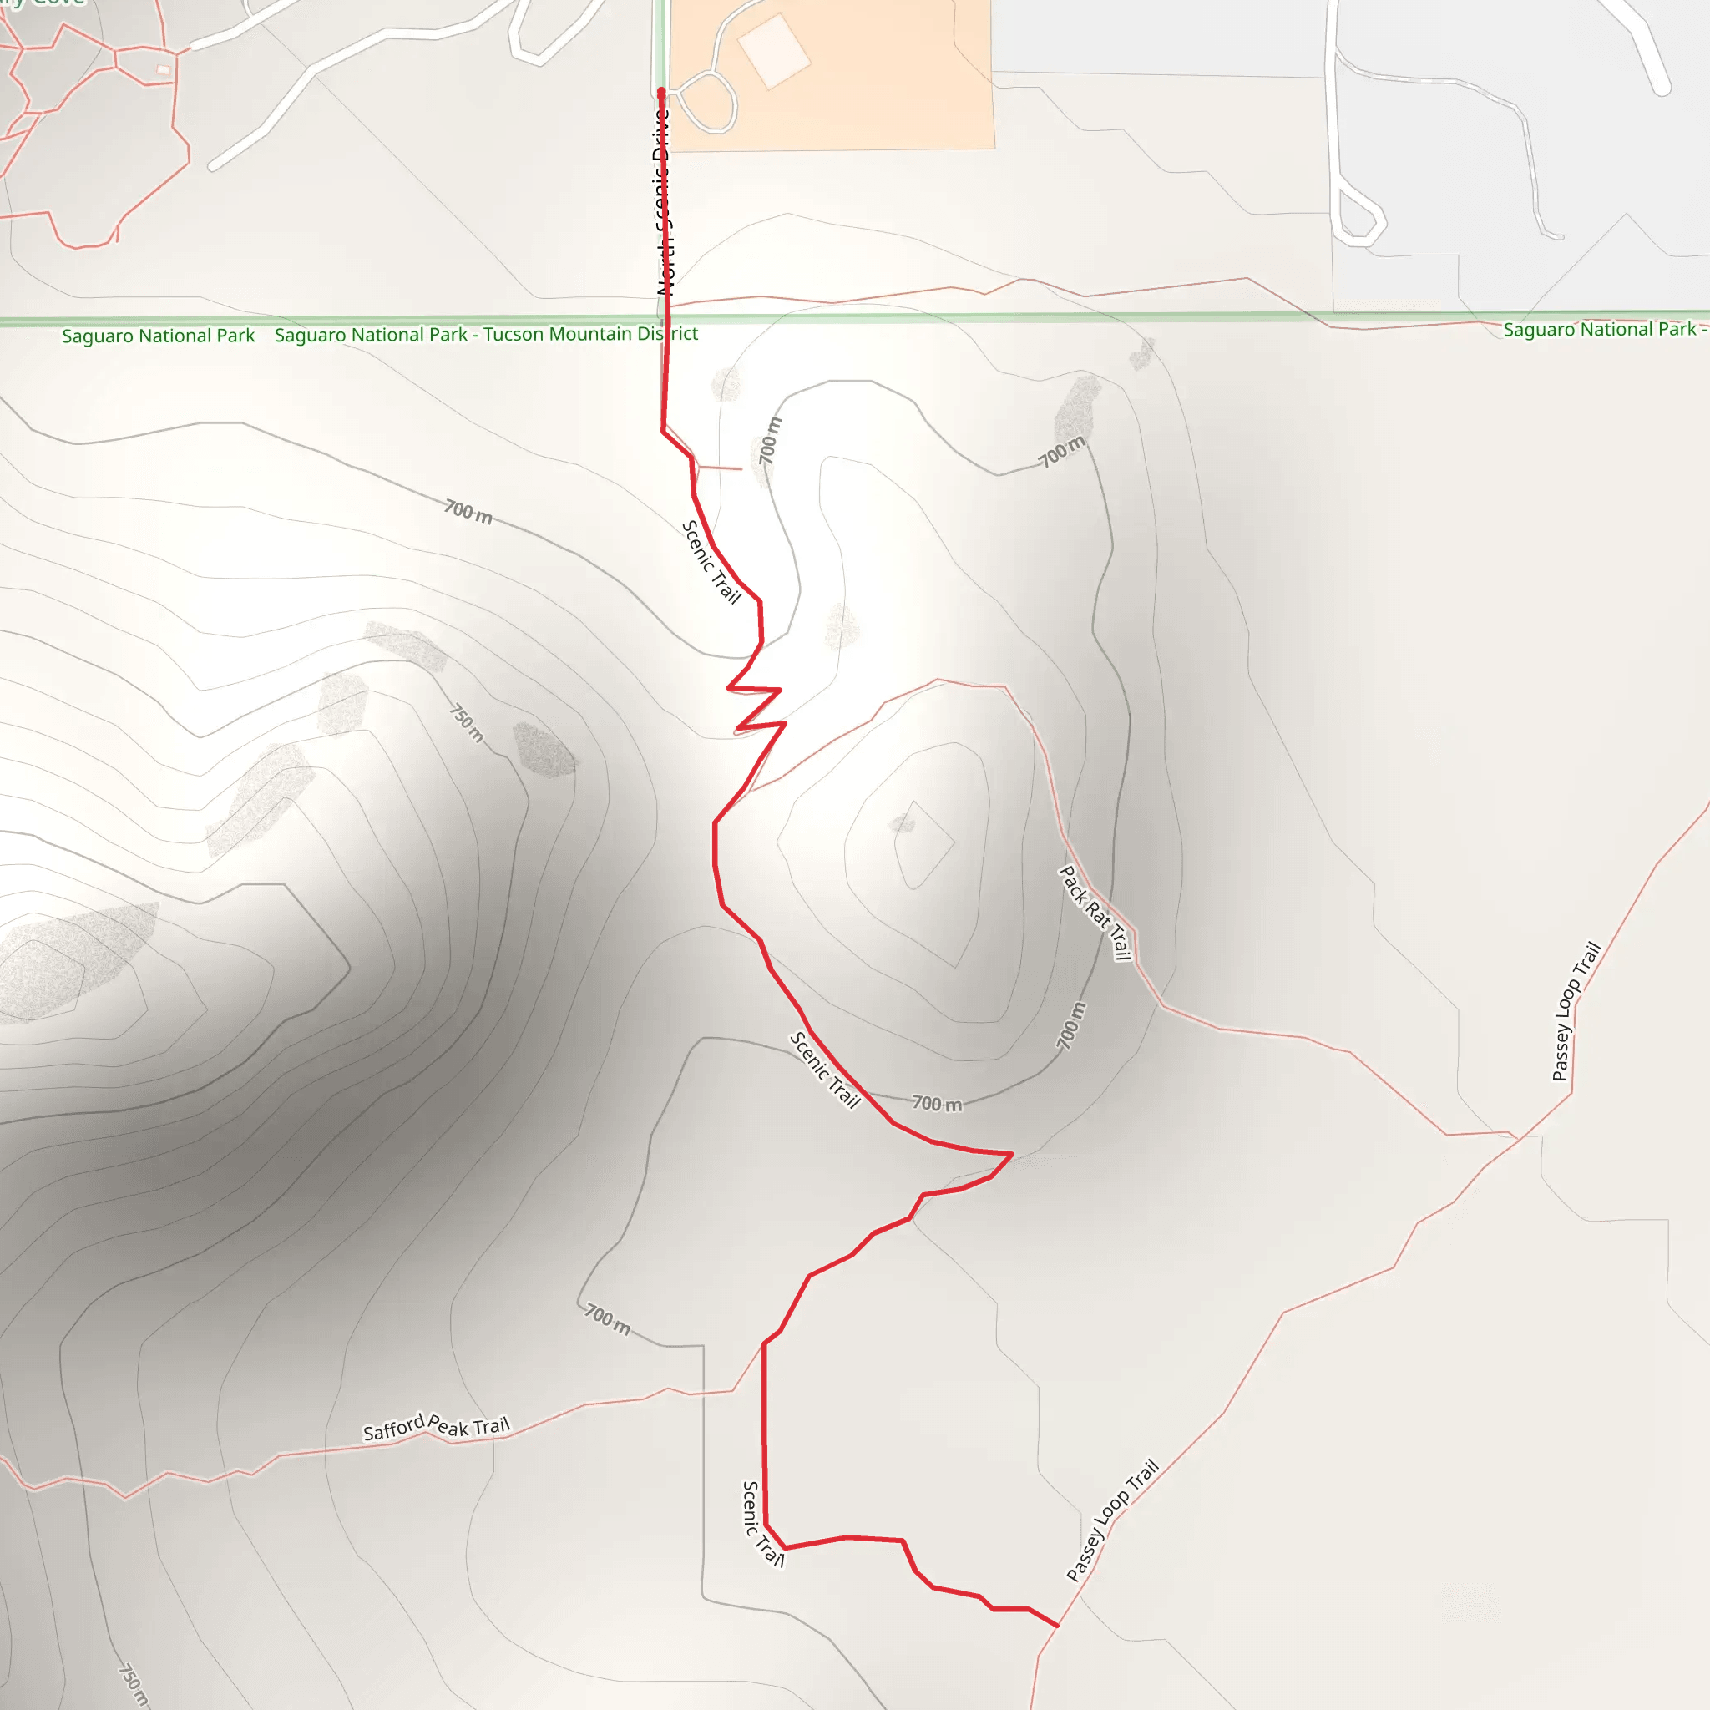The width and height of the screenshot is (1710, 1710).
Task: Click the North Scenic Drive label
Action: pos(663,202)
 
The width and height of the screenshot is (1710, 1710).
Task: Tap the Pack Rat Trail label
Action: pos(1095,913)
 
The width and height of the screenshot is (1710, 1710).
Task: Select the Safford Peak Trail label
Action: pos(437,1427)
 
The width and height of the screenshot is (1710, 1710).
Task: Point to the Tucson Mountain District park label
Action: pos(486,335)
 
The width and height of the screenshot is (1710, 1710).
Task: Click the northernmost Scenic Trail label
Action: pos(711,562)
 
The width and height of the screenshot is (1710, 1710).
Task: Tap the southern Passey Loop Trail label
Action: pos(1112,1520)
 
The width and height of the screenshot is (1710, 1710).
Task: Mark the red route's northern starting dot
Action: pos(661,92)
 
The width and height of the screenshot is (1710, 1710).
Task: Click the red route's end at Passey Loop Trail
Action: pos(1057,1625)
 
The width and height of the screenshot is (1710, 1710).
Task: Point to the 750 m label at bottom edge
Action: pos(133,1685)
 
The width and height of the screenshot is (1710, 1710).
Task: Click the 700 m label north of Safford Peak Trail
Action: pos(608,1320)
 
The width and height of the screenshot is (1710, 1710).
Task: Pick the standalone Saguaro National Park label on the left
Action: pos(159,336)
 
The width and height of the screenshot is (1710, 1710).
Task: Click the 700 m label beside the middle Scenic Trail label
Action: pos(937,1104)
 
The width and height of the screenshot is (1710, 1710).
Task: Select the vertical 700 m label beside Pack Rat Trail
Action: pos(1071,1027)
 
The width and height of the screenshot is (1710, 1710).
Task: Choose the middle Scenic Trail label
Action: pos(825,1070)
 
